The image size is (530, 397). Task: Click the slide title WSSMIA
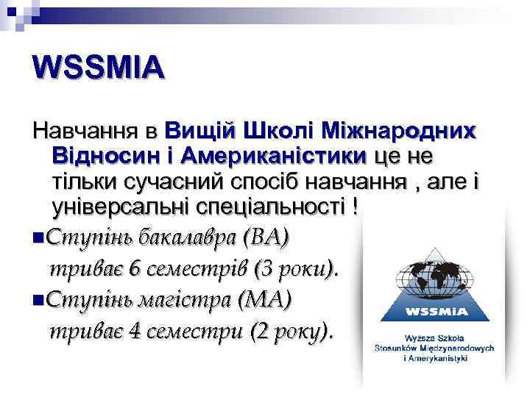click(x=99, y=68)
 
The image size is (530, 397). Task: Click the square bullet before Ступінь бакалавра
click(x=38, y=238)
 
